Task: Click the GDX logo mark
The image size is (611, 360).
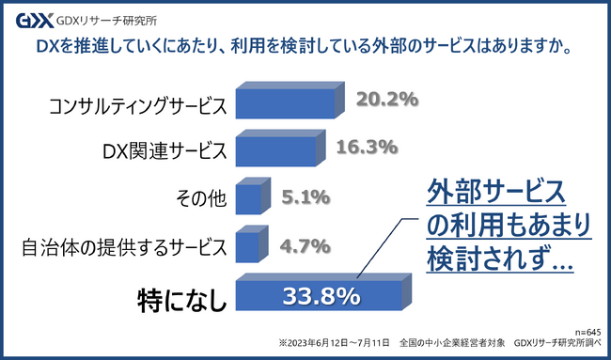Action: (x=35, y=21)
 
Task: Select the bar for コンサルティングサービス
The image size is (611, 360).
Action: (x=290, y=101)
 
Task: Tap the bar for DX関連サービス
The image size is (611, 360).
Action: (x=280, y=149)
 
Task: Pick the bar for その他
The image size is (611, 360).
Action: (x=253, y=196)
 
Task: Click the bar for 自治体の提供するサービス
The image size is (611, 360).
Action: (x=252, y=243)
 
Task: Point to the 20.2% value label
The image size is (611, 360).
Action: (x=387, y=100)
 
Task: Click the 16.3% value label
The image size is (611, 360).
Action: (x=367, y=148)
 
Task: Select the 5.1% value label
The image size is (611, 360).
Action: (x=305, y=196)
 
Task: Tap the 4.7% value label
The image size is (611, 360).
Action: (x=305, y=245)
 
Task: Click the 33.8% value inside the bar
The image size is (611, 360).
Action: (x=321, y=296)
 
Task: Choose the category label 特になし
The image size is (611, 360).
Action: (x=181, y=300)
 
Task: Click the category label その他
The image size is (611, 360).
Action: (x=201, y=198)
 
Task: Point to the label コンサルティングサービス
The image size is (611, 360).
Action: (x=137, y=106)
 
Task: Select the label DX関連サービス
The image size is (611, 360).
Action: (x=164, y=150)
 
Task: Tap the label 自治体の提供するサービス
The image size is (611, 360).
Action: (x=124, y=247)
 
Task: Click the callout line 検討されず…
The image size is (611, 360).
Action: (x=500, y=259)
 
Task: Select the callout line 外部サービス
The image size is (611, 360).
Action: (x=496, y=193)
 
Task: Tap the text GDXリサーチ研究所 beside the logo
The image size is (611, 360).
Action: (x=107, y=21)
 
